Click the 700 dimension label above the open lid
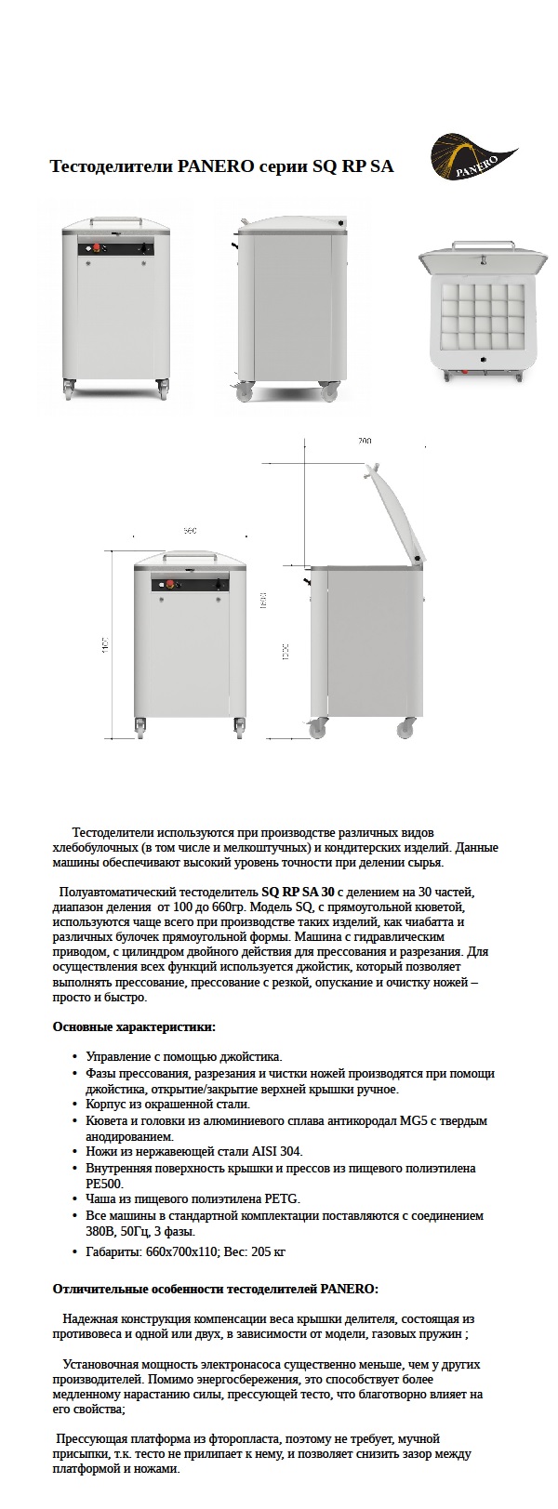point(364,441)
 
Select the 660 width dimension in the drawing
point(190,530)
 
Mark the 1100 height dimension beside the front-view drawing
point(107,645)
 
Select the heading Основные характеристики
point(134,1026)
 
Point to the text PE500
point(102,1184)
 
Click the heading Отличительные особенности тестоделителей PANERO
point(216,1289)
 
